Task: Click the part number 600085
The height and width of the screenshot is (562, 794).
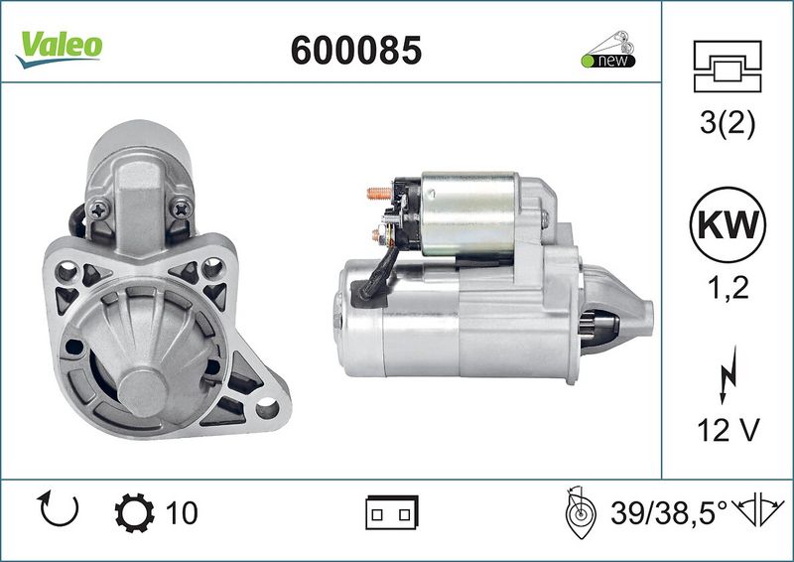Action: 356,51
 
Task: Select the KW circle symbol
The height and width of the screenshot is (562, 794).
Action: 728,224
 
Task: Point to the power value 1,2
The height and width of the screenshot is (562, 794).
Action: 728,288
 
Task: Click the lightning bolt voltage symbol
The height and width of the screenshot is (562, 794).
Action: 728,375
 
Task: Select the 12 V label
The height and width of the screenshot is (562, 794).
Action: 728,430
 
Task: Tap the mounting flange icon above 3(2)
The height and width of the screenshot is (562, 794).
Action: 728,67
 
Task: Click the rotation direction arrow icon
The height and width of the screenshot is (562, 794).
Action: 59,508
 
